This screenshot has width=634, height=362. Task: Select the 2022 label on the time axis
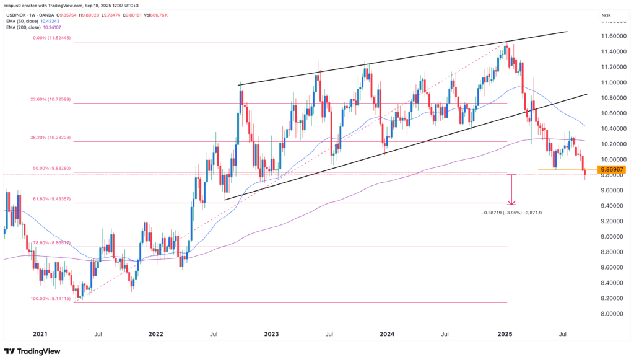coord(155,335)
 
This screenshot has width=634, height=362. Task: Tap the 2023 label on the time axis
coord(271,335)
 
